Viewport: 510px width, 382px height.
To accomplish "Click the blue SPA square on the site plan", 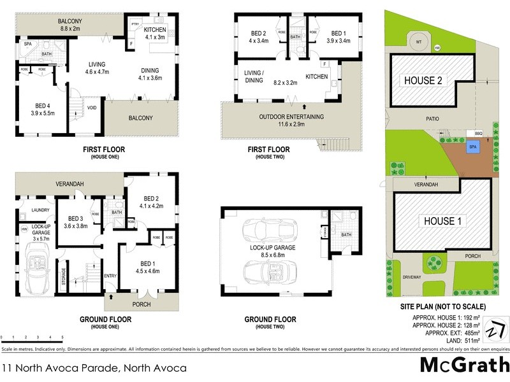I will [472, 146].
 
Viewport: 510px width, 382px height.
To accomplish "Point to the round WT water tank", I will [418, 43].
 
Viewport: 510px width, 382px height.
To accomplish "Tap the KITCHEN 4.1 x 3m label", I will [155, 33].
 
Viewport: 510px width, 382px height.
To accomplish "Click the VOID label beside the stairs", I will [92, 108].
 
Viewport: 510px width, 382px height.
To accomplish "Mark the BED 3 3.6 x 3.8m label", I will [75, 221].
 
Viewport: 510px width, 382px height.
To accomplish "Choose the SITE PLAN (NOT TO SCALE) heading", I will [440, 306].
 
